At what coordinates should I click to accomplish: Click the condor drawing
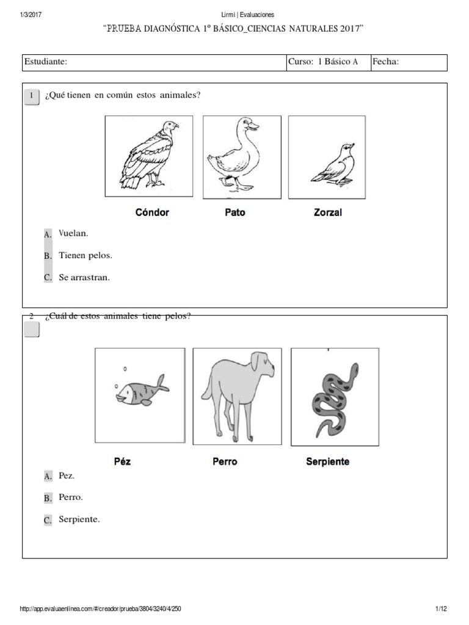tap(148, 156)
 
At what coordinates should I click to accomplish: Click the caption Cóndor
tap(151, 213)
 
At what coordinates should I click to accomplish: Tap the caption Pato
tap(234, 213)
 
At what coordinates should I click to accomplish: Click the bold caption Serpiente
tap(327, 461)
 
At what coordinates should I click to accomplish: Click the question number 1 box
tap(31, 96)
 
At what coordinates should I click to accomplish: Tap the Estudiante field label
tap(45, 62)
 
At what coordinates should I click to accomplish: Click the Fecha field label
tap(385, 62)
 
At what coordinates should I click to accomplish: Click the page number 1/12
tap(442, 609)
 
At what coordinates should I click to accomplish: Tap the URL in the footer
tap(101, 609)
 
